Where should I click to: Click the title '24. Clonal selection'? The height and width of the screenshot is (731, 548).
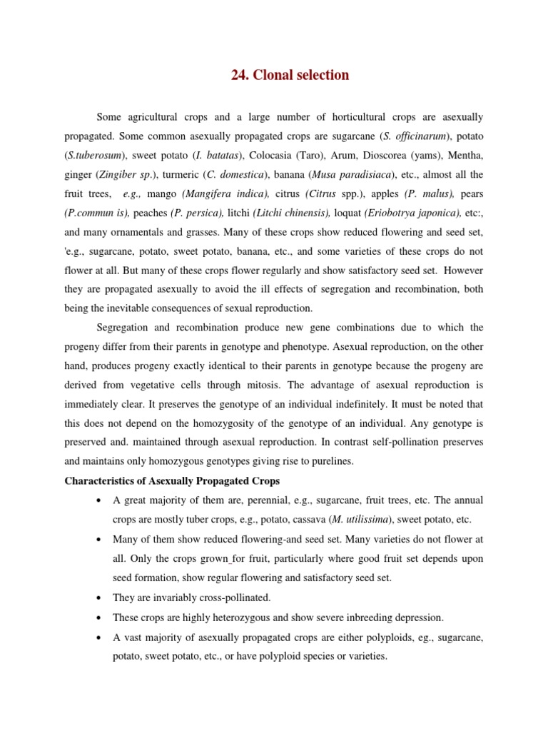pyautogui.click(x=290, y=75)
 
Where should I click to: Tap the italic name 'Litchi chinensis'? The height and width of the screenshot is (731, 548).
pyautogui.click(x=293, y=213)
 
